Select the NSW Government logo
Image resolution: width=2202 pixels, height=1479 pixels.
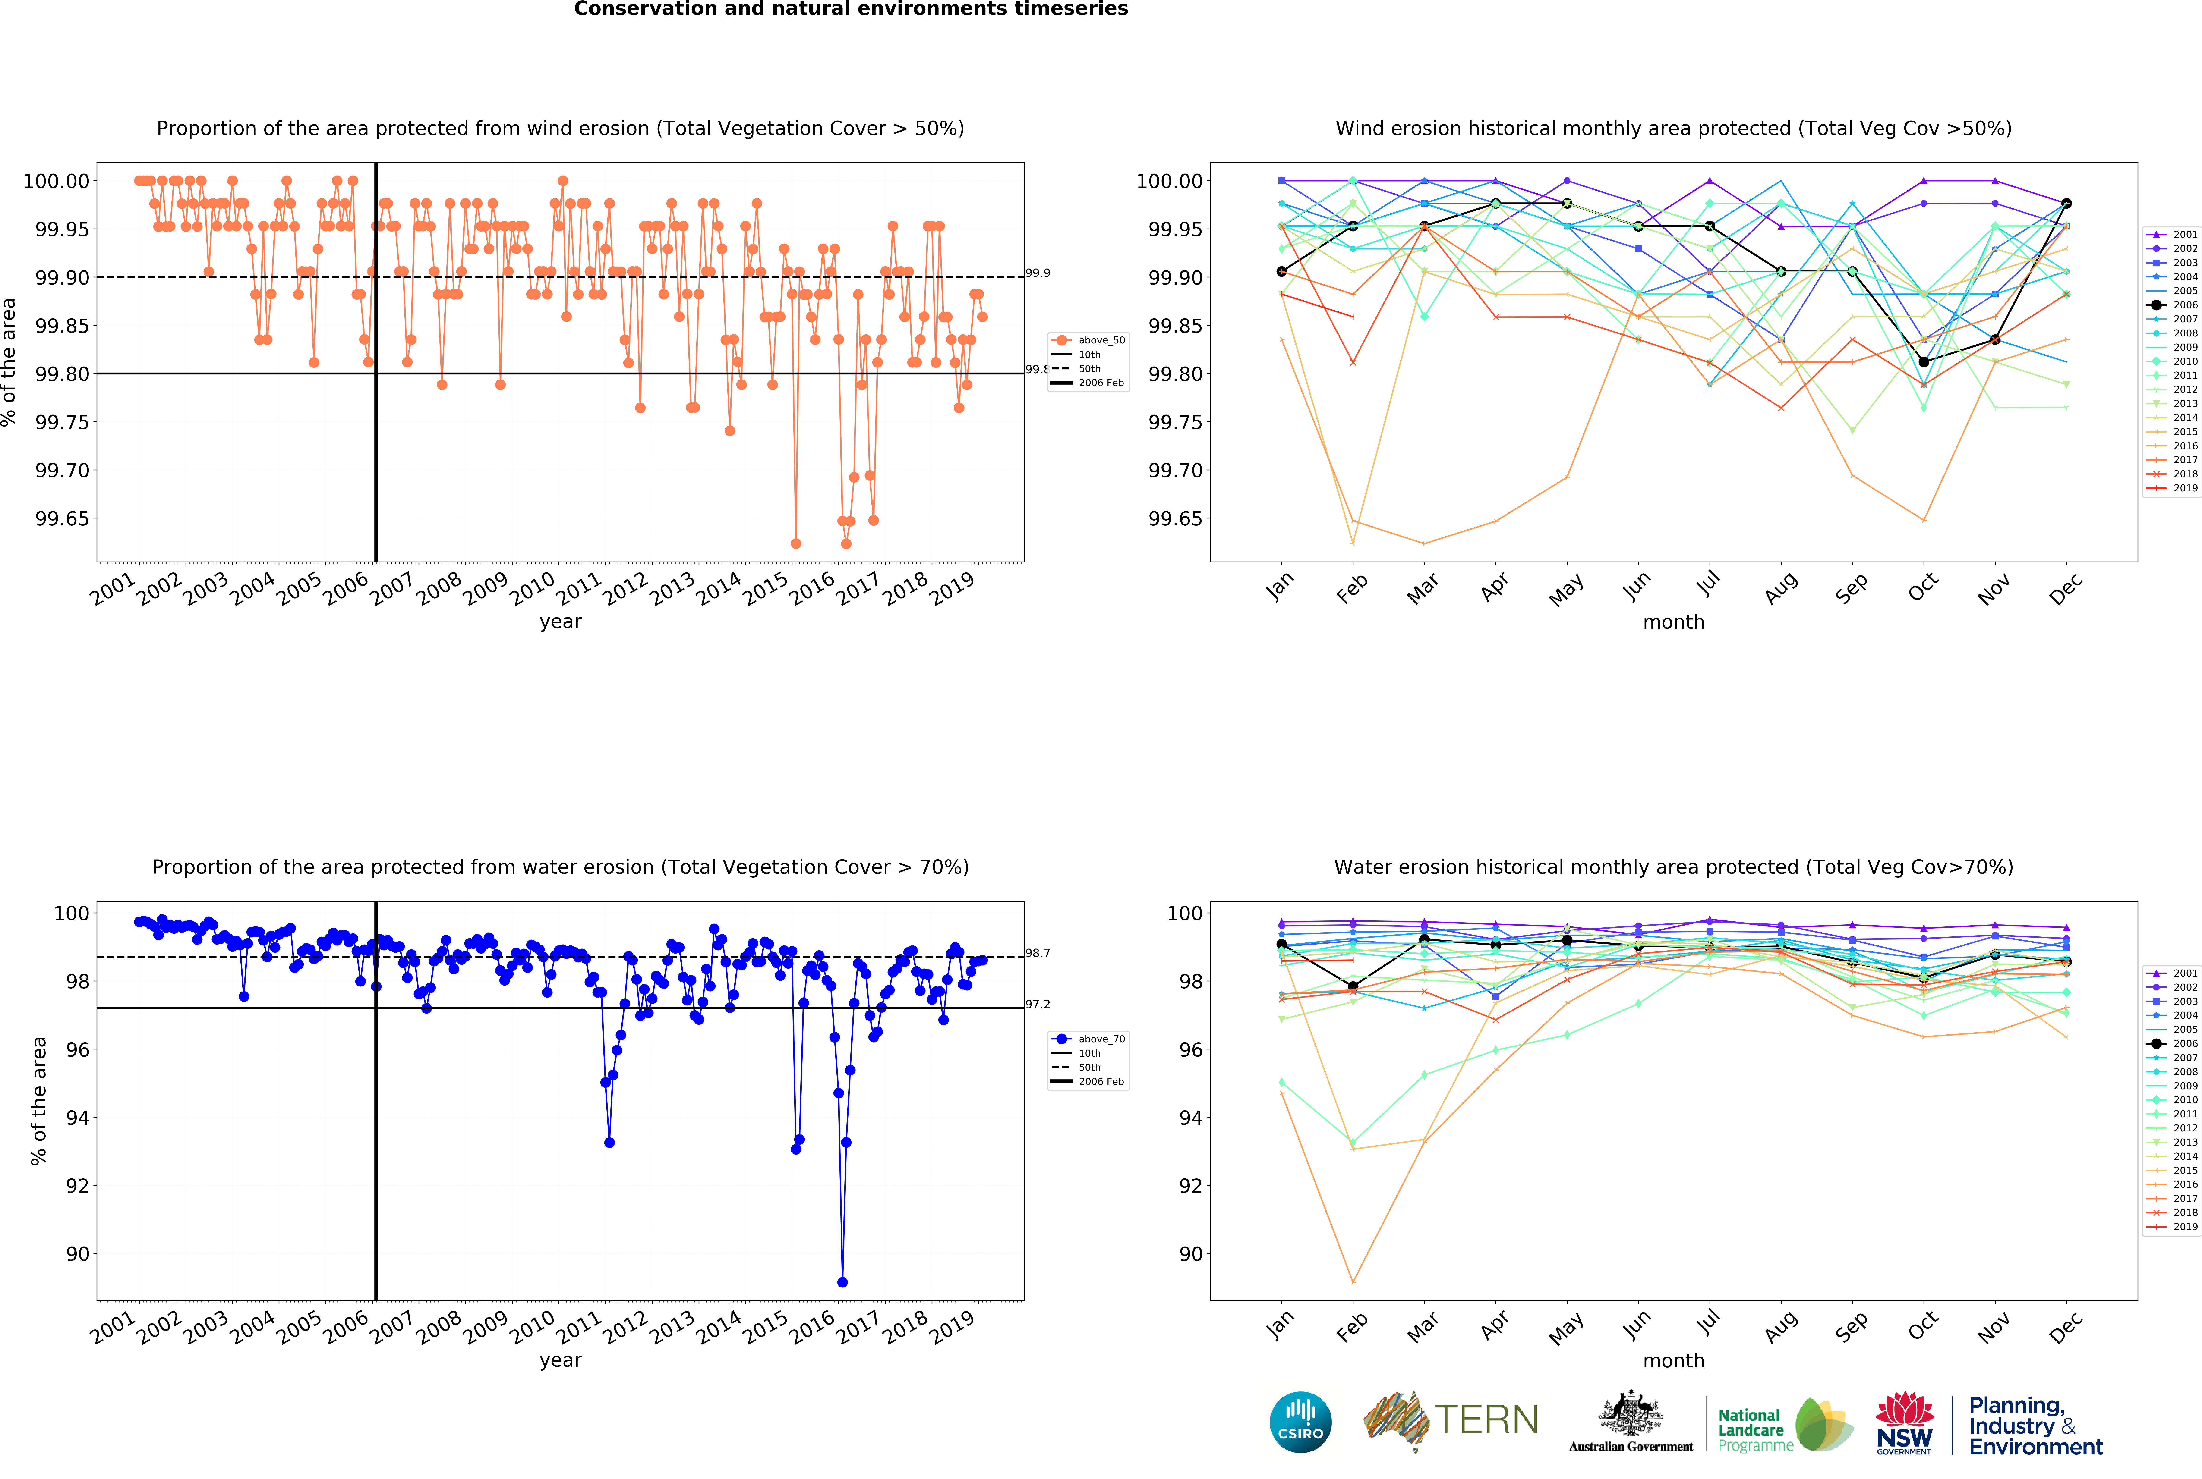point(1904,1422)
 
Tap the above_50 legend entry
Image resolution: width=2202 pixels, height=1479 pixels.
point(1090,340)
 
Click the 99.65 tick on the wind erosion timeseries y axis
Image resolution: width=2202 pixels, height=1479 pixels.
point(62,519)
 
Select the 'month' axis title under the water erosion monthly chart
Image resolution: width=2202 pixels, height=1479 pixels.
point(1674,1360)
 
